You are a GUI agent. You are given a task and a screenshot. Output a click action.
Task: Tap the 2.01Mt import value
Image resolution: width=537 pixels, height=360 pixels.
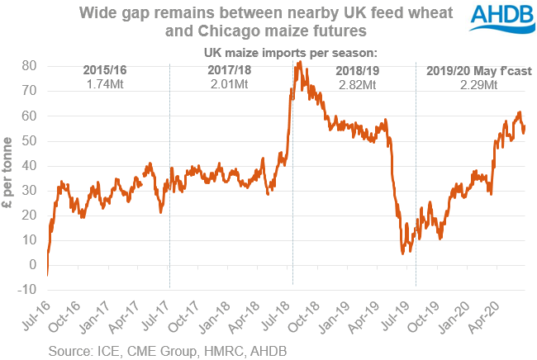tap(229, 84)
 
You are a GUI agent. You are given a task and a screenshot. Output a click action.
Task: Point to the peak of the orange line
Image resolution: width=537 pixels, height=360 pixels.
tap(298, 63)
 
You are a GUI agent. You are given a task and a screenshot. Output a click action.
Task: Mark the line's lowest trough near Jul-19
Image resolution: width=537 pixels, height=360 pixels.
tap(402, 253)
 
